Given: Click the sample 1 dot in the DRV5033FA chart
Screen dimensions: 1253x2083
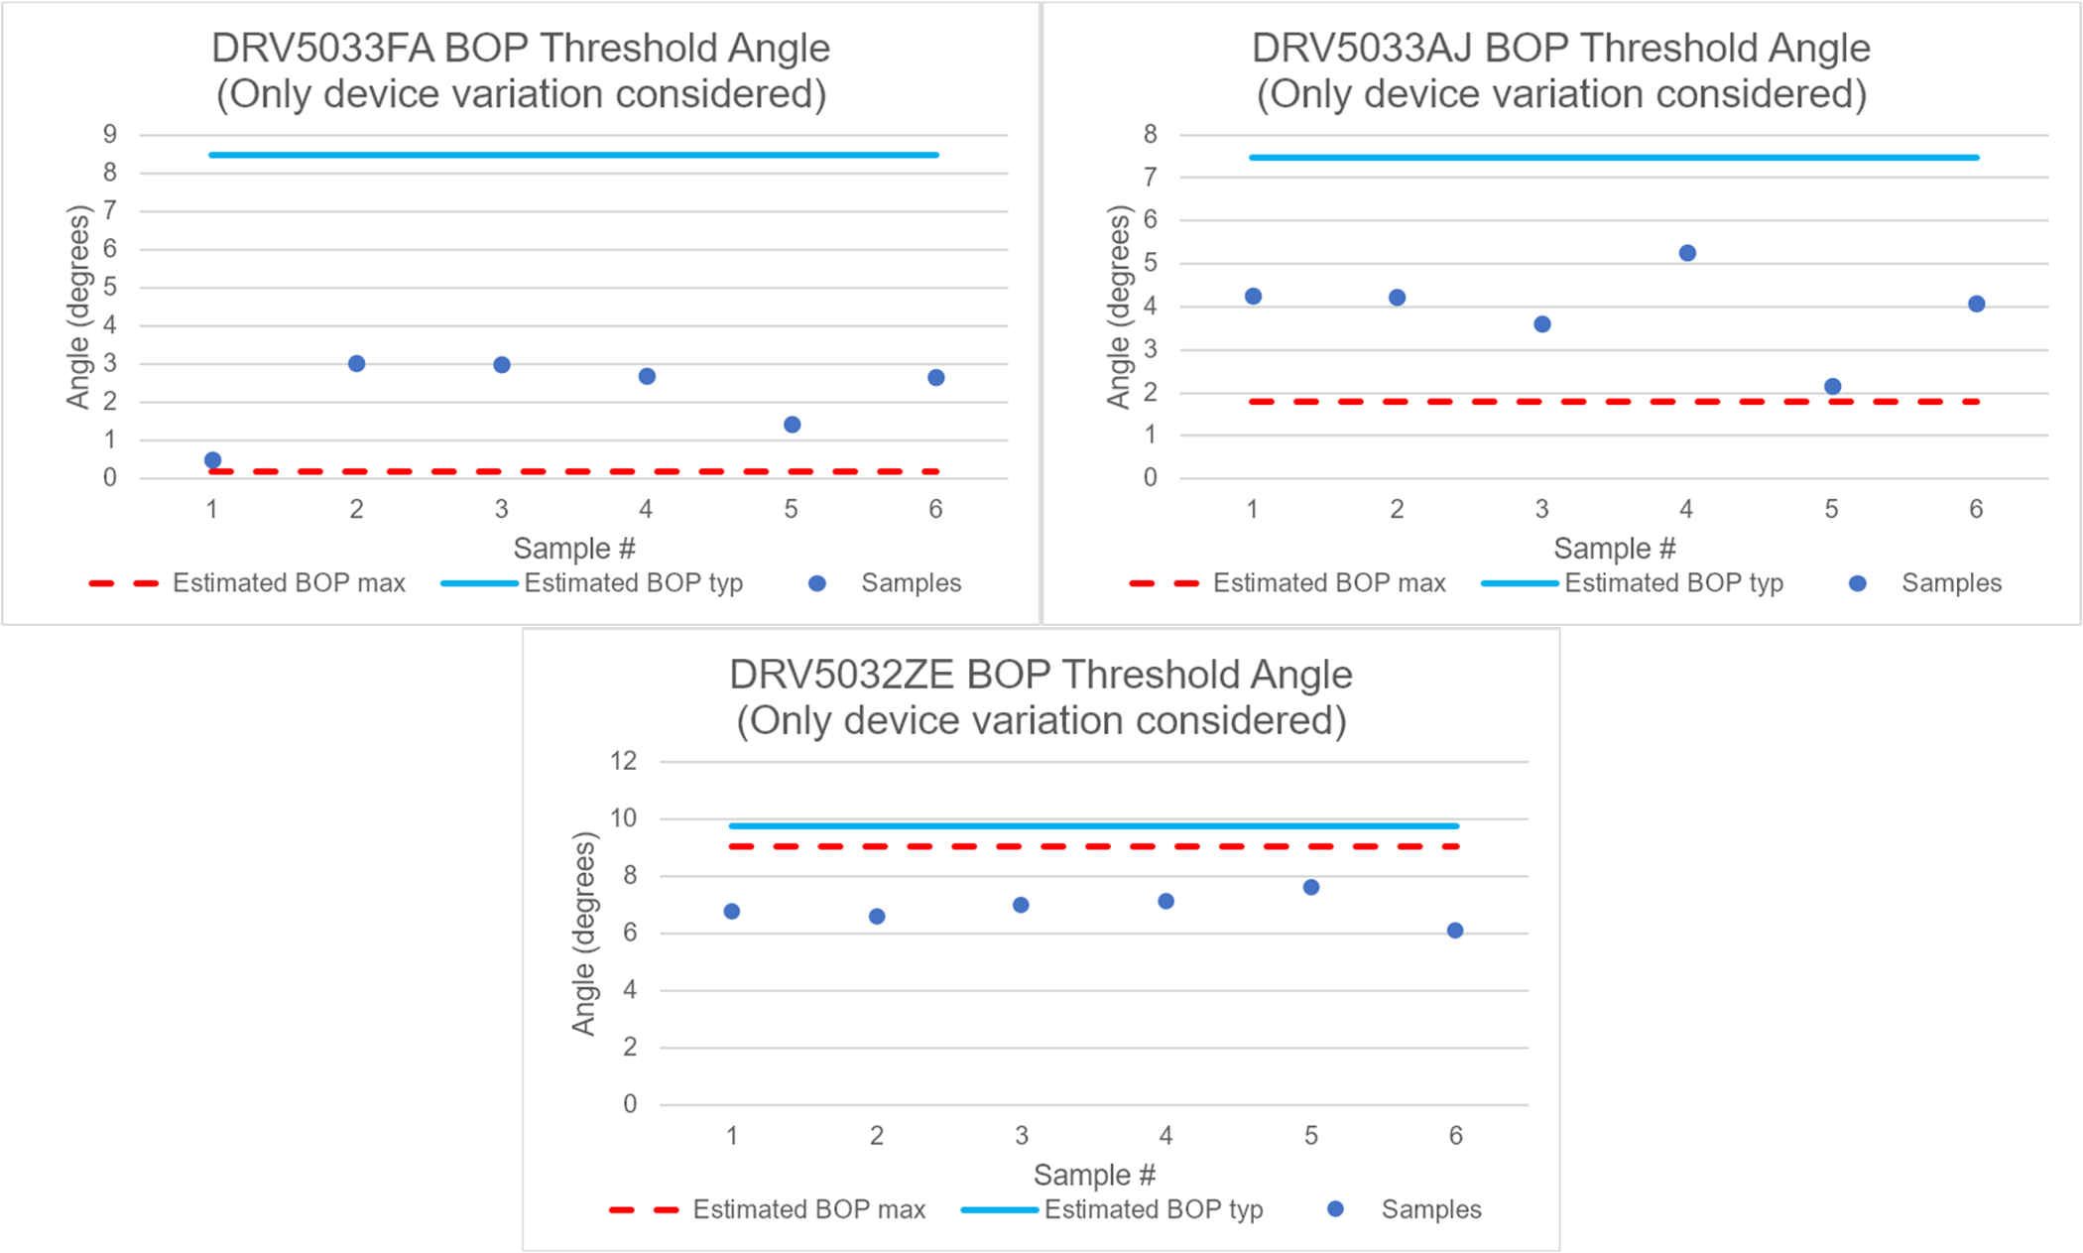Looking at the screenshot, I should [x=212, y=460].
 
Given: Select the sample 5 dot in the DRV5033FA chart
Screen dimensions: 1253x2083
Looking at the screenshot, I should [x=792, y=425].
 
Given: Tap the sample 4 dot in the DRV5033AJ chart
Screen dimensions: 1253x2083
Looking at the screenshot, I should [x=1687, y=253].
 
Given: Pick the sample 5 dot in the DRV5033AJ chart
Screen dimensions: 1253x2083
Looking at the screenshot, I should [x=1833, y=387].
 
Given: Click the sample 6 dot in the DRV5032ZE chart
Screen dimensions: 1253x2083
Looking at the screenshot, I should [x=1455, y=931].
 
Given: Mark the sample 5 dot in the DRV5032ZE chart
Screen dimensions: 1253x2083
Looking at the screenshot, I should [x=1311, y=887].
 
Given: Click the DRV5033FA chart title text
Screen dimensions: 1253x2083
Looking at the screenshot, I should [x=521, y=70].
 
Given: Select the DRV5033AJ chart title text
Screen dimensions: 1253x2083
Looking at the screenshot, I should [x=1561, y=70].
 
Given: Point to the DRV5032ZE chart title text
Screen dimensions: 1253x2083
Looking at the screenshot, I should [x=1041, y=697].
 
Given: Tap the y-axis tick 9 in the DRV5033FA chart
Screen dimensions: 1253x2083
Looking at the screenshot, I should [x=110, y=134].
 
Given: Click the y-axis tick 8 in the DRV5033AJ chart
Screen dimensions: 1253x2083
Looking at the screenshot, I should [x=1151, y=134].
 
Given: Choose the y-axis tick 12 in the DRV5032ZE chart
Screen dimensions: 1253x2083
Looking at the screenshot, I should [x=624, y=761].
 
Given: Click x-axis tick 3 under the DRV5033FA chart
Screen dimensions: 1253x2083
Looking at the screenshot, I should [x=502, y=510].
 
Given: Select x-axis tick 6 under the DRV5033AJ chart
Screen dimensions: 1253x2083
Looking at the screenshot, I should [x=1976, y=510].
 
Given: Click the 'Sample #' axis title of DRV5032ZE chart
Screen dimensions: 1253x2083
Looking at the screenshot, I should [x=1094, y=1176].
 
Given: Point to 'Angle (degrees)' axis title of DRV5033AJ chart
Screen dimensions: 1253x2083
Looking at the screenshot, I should [x=1119, y=307].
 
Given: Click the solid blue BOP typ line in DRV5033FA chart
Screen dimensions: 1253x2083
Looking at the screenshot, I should [x=573, y=155].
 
